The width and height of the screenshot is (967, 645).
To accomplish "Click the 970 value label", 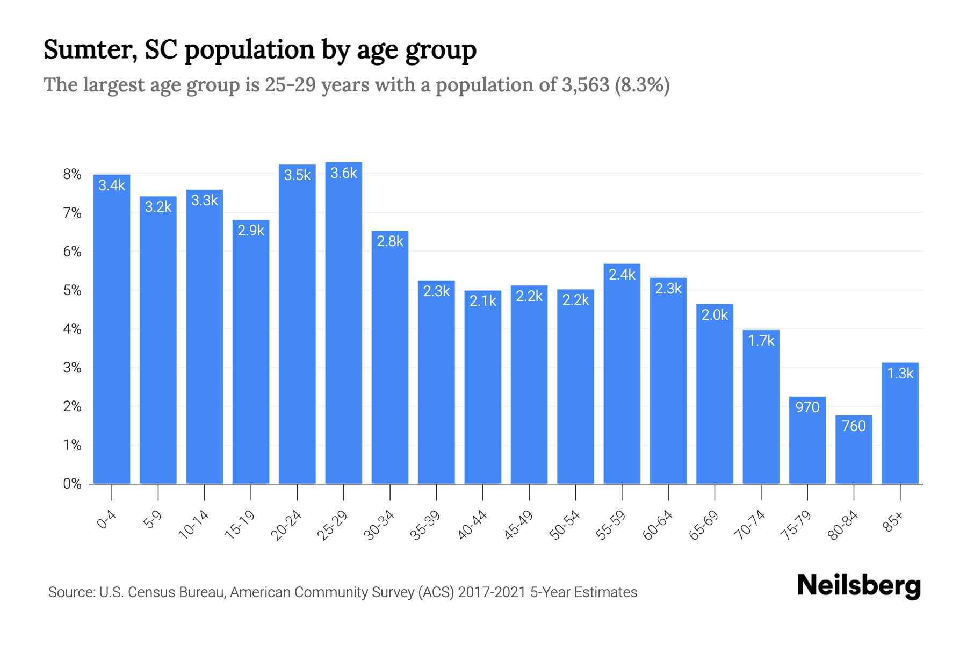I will click(807, 407).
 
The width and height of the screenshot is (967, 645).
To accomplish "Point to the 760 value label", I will click(854, 426).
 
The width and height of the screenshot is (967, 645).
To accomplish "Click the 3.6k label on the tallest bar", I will click(344, 173).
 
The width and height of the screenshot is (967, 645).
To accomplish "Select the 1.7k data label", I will click(761, 340).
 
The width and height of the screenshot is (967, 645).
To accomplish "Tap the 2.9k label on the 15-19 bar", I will click(251, 230).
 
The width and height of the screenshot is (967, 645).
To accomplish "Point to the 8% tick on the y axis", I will click(72, 174).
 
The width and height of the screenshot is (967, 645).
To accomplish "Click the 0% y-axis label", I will click(72, 484).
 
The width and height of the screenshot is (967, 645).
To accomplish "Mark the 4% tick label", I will click(72, 329).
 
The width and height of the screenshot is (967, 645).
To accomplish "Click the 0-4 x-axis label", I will click(107, 520).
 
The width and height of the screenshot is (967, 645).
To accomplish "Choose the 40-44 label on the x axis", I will click(472, 525).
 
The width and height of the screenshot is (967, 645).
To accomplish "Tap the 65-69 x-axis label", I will click(704, 525).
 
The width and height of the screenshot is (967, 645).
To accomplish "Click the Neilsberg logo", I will click(858, 586).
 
